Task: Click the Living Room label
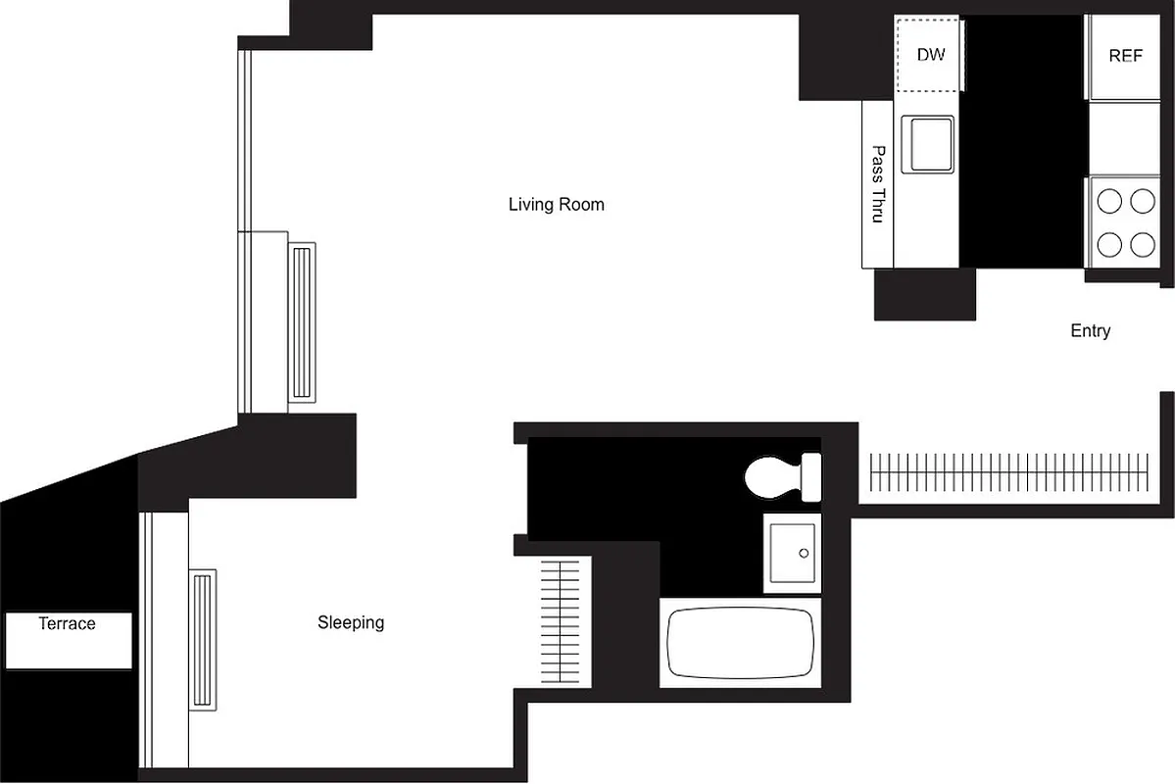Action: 556,205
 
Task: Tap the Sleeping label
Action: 351,622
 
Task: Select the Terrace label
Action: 68,624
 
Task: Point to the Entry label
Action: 1090,331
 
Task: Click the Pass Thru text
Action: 878,184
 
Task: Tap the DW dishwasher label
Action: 931,55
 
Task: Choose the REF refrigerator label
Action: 1125,56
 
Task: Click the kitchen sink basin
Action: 928,144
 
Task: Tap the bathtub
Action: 741,643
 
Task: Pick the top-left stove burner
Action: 1108,202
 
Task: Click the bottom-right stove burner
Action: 1143,243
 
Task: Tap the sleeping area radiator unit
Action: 203,640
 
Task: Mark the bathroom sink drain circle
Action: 804,553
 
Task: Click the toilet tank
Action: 811,475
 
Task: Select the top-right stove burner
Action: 1143,202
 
